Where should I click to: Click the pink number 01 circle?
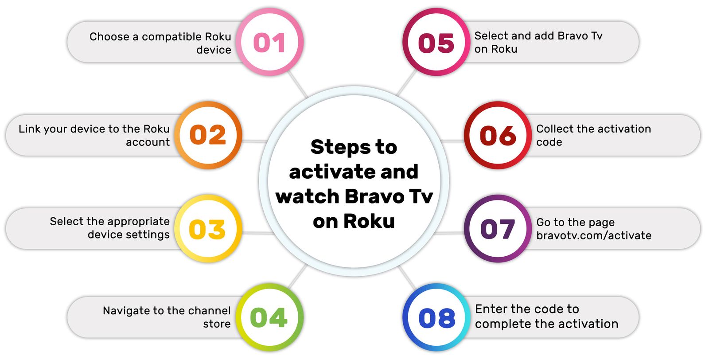tap(269, 42)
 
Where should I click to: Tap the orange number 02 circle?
tap(208, 135)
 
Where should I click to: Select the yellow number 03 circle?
tap(208, 229)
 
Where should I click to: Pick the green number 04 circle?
tap(269, 317)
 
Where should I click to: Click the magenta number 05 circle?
tap(436, 42)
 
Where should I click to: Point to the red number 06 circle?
tap(498, 135)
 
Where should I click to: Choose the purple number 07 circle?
tap(498, 229)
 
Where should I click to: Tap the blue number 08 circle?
tap(436, 317)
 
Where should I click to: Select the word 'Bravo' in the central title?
tap(375, 196)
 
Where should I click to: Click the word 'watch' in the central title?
tap(308, 196)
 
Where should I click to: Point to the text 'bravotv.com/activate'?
tap(594, 235)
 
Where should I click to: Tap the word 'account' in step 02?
tap(148, 142)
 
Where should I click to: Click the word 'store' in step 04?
tap(217, 324)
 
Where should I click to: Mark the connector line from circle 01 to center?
tap(298, 84)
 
